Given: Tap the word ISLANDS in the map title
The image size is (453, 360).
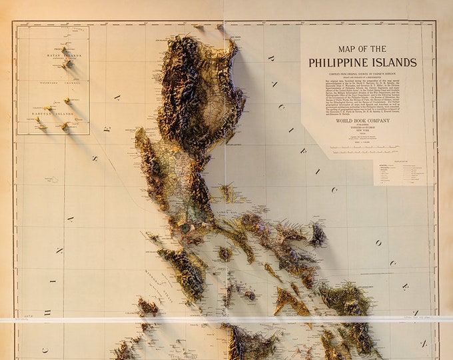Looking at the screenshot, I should (395, 63).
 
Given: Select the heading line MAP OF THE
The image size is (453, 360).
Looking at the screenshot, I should (362, 49).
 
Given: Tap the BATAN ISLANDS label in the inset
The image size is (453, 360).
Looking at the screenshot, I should (64, 55).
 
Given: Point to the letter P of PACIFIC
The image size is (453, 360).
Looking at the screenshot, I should (272, 59).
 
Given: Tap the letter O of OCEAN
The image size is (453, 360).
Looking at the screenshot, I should (377, 243).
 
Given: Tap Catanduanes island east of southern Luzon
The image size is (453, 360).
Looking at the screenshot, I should (317, 235).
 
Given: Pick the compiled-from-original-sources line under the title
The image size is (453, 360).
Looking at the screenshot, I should (362, 73).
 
